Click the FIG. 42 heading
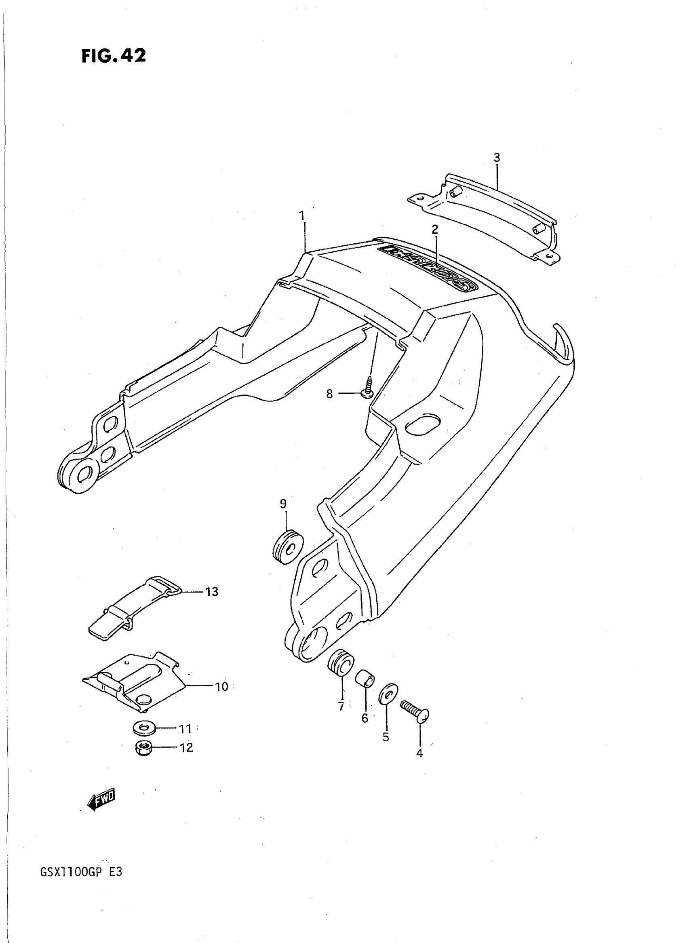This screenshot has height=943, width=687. [x=114, y=55]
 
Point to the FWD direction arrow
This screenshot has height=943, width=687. [x=101, y=798]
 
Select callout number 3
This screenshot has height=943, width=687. [x=497, y=158]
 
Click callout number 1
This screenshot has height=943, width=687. [x=302, y=216]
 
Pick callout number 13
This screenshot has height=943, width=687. [x=212, y=591]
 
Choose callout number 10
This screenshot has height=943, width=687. [x=221, y=686]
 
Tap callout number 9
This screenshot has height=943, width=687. [x=283, y=504]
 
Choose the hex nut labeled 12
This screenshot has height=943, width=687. [x=143, y=748]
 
